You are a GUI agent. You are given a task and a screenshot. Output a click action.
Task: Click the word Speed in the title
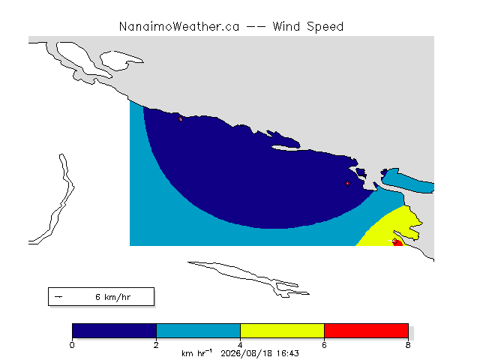point(325,27)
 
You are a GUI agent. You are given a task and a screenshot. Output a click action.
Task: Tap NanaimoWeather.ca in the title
point(179,27)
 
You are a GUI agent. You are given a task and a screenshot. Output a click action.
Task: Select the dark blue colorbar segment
point(114,331)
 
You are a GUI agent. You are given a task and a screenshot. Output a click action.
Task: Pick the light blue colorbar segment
point(198,331)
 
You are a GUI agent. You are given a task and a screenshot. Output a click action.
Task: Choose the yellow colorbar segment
point(282,331)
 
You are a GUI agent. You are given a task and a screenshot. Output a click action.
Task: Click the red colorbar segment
point(366,331)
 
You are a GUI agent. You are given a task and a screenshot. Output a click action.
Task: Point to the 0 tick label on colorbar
point(72,345)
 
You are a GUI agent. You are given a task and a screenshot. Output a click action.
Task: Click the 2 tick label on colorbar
point(156,345)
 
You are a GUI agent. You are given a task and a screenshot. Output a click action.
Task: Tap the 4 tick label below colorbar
point(240,345)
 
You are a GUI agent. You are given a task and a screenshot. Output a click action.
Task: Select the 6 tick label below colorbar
point(324,345)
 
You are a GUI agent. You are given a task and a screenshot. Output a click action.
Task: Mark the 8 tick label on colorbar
point(408,345)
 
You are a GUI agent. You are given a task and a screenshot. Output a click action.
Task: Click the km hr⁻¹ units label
point(196,353)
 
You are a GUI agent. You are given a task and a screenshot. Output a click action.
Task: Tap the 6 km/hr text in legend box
point(113,297)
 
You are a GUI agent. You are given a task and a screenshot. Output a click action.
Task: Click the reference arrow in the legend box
point(58,297)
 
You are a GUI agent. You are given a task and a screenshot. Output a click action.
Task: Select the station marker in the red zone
point(395,241)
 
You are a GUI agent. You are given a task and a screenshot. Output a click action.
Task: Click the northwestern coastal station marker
point(180,118)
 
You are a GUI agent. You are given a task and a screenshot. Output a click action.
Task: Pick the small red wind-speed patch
point(398,243)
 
